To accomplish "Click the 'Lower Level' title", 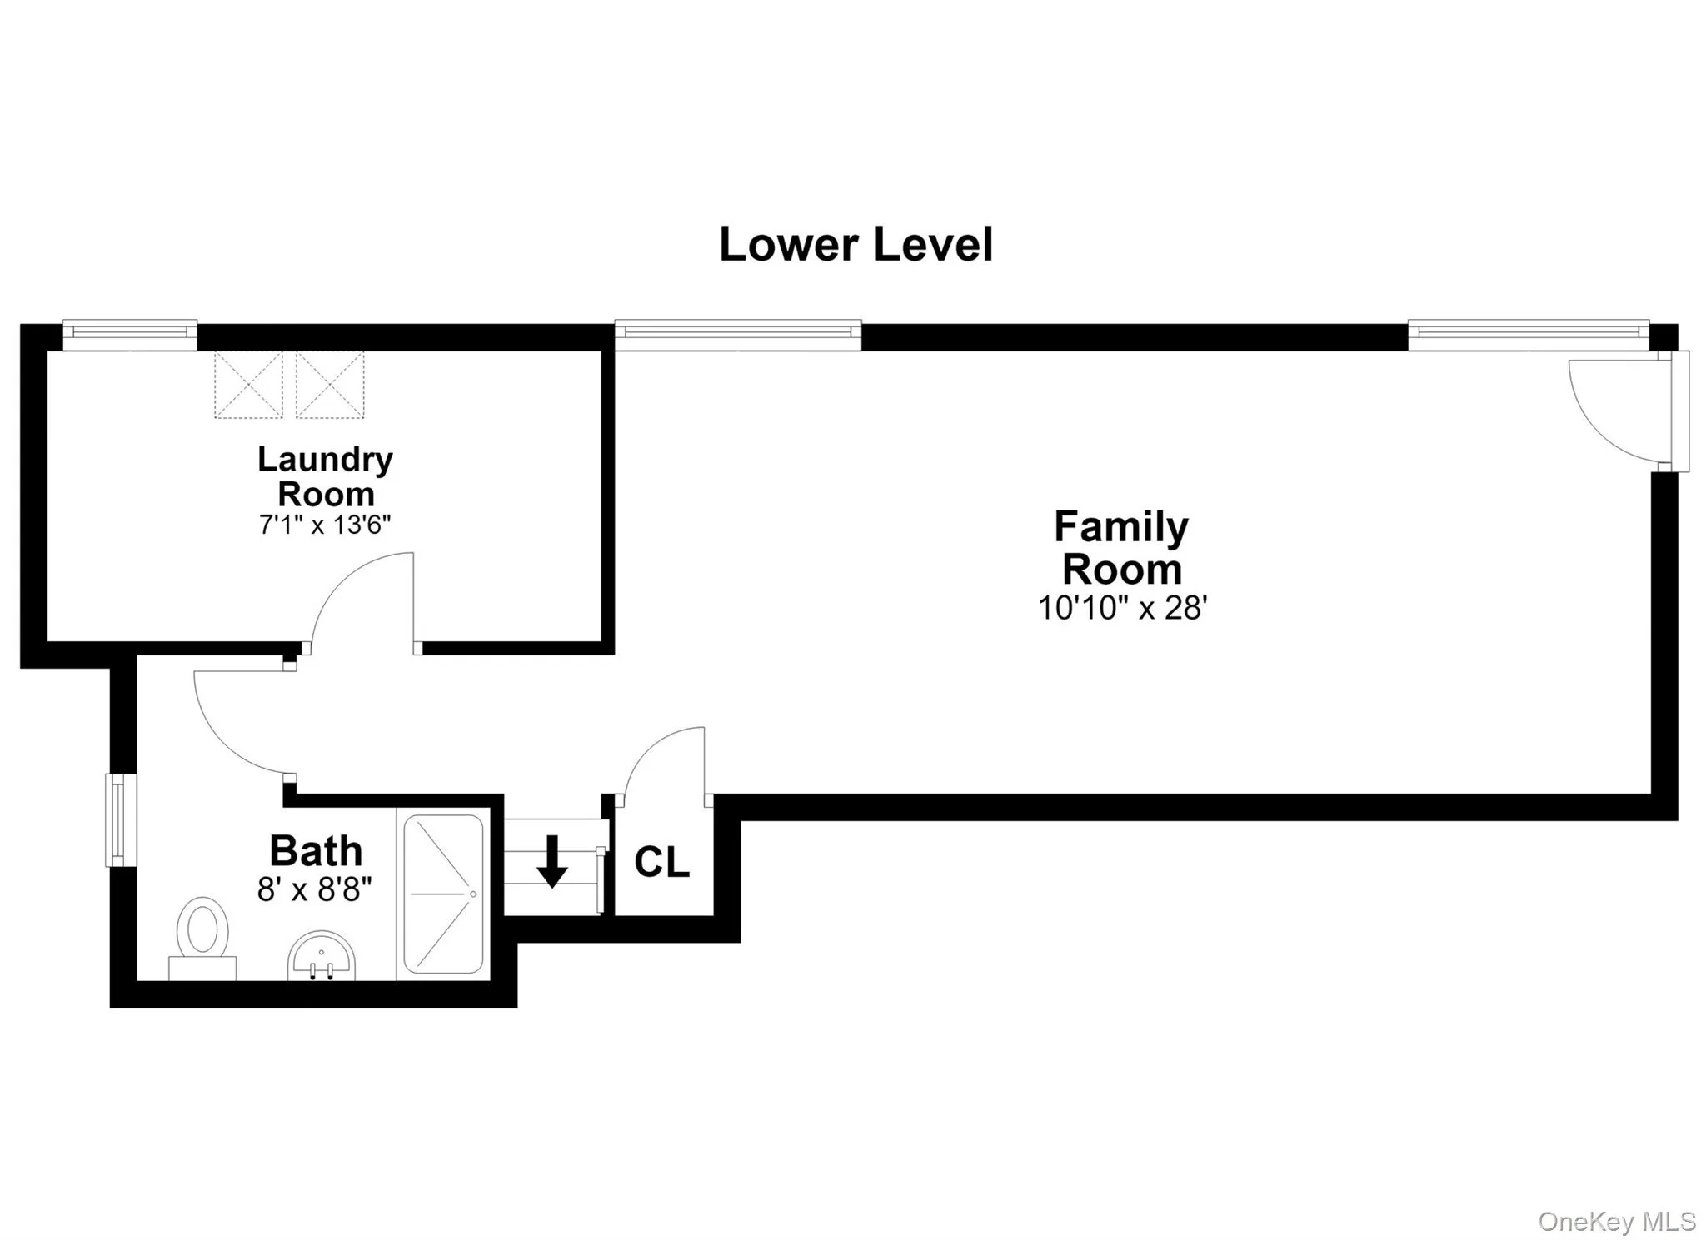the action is pos(855,245).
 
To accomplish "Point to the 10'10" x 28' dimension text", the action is pos(1122,608).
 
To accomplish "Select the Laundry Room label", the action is pos(325,476).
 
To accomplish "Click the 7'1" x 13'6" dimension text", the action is pos(325,525).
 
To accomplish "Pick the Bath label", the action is pos(316,851).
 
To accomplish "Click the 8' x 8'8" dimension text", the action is pos(314,889).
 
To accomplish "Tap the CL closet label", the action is pos(662,863).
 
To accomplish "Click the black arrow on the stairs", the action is pos(551,861).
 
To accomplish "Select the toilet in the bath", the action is pos(202,938).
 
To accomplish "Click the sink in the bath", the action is pos(322,955).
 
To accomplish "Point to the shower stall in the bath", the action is pos(443,894).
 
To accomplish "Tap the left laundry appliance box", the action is pos(248,384).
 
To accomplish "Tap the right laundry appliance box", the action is pos(330,384).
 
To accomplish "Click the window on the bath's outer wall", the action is pos(120,820).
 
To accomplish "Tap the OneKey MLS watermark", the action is pos(1617,1222).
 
